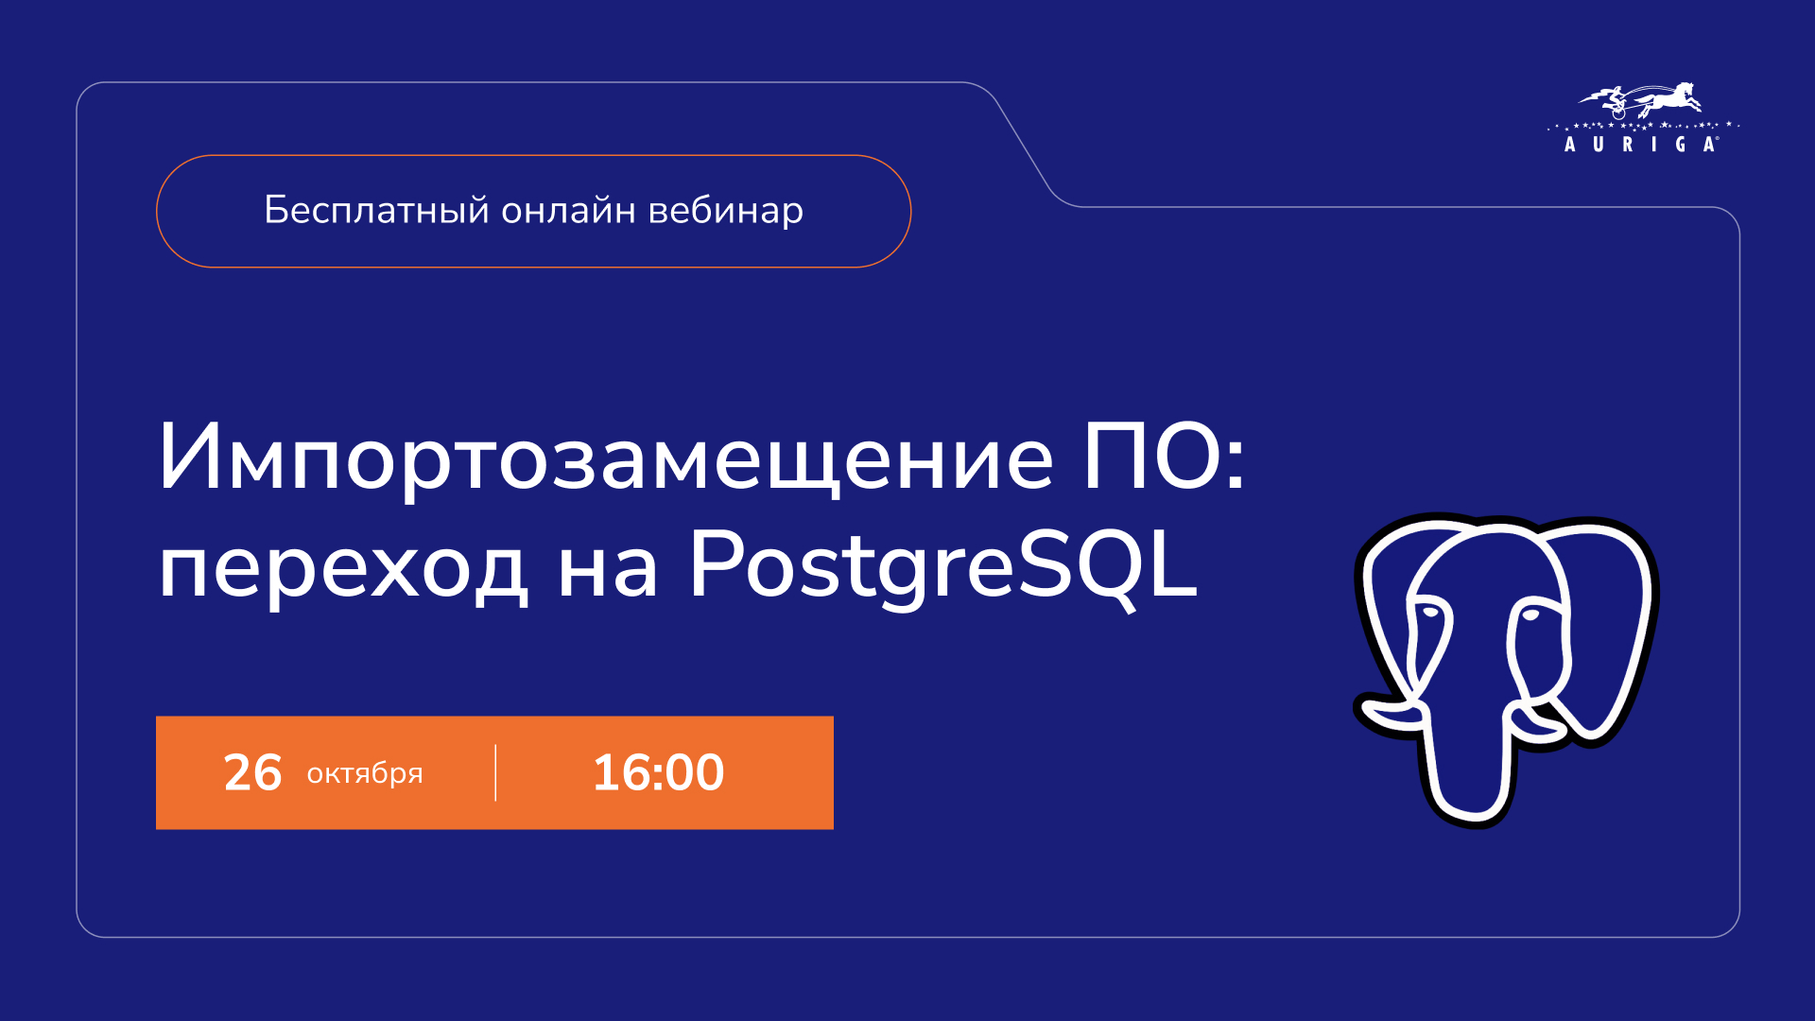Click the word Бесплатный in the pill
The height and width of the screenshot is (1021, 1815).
[x=376, y=210]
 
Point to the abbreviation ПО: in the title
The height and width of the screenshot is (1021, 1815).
[x=1165, y=459]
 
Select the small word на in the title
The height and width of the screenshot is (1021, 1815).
[x=608, y=571]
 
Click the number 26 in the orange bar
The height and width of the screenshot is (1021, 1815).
[x=252, y=772]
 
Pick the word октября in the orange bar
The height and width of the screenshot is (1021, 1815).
[x=365, y=774]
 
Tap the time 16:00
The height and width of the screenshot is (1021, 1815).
[x=658, y=772]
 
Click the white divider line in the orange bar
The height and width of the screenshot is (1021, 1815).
[x=495, y=772]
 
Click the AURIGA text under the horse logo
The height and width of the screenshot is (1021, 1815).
[x=1641, y=145]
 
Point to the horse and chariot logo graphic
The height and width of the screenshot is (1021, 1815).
[x=1641, y=100]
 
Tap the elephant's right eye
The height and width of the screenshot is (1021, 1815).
[x=1530, y=615]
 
